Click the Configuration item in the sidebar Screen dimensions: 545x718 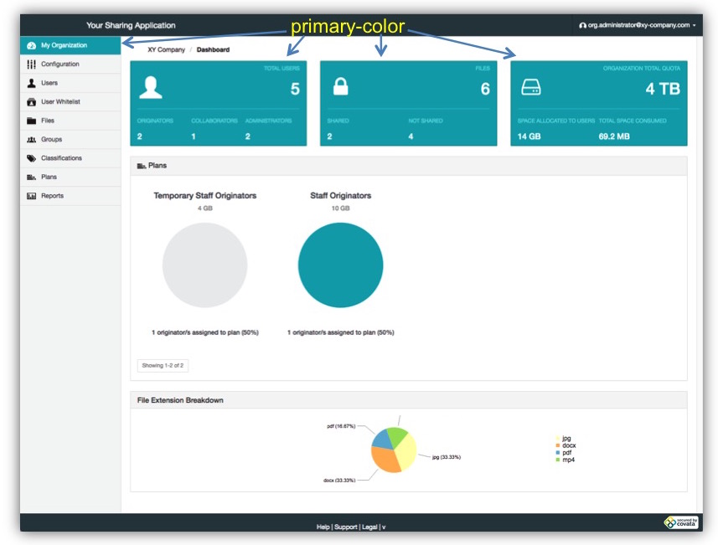point(59,64)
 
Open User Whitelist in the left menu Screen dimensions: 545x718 point(59,102)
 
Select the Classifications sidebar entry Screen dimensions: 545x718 point(61,158)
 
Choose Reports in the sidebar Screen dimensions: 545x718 point(52,196)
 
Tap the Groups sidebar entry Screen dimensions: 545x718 point(51,140)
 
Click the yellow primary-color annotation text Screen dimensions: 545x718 point(348,27)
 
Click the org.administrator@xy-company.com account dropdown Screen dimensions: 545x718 point(637,25)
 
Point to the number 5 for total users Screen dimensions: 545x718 point(295,89)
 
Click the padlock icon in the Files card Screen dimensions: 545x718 point(341,86)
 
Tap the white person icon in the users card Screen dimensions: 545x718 point(151,87)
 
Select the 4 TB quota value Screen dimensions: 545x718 point(663,89)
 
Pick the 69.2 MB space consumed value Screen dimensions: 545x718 point(614,136)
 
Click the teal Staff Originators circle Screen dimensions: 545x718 point(340,265)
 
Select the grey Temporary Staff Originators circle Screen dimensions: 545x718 point(204,265)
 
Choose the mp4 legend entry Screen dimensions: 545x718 point(568,460)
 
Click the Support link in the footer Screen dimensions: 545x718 point(345,527)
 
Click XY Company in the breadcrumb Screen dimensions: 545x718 point(160,49)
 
